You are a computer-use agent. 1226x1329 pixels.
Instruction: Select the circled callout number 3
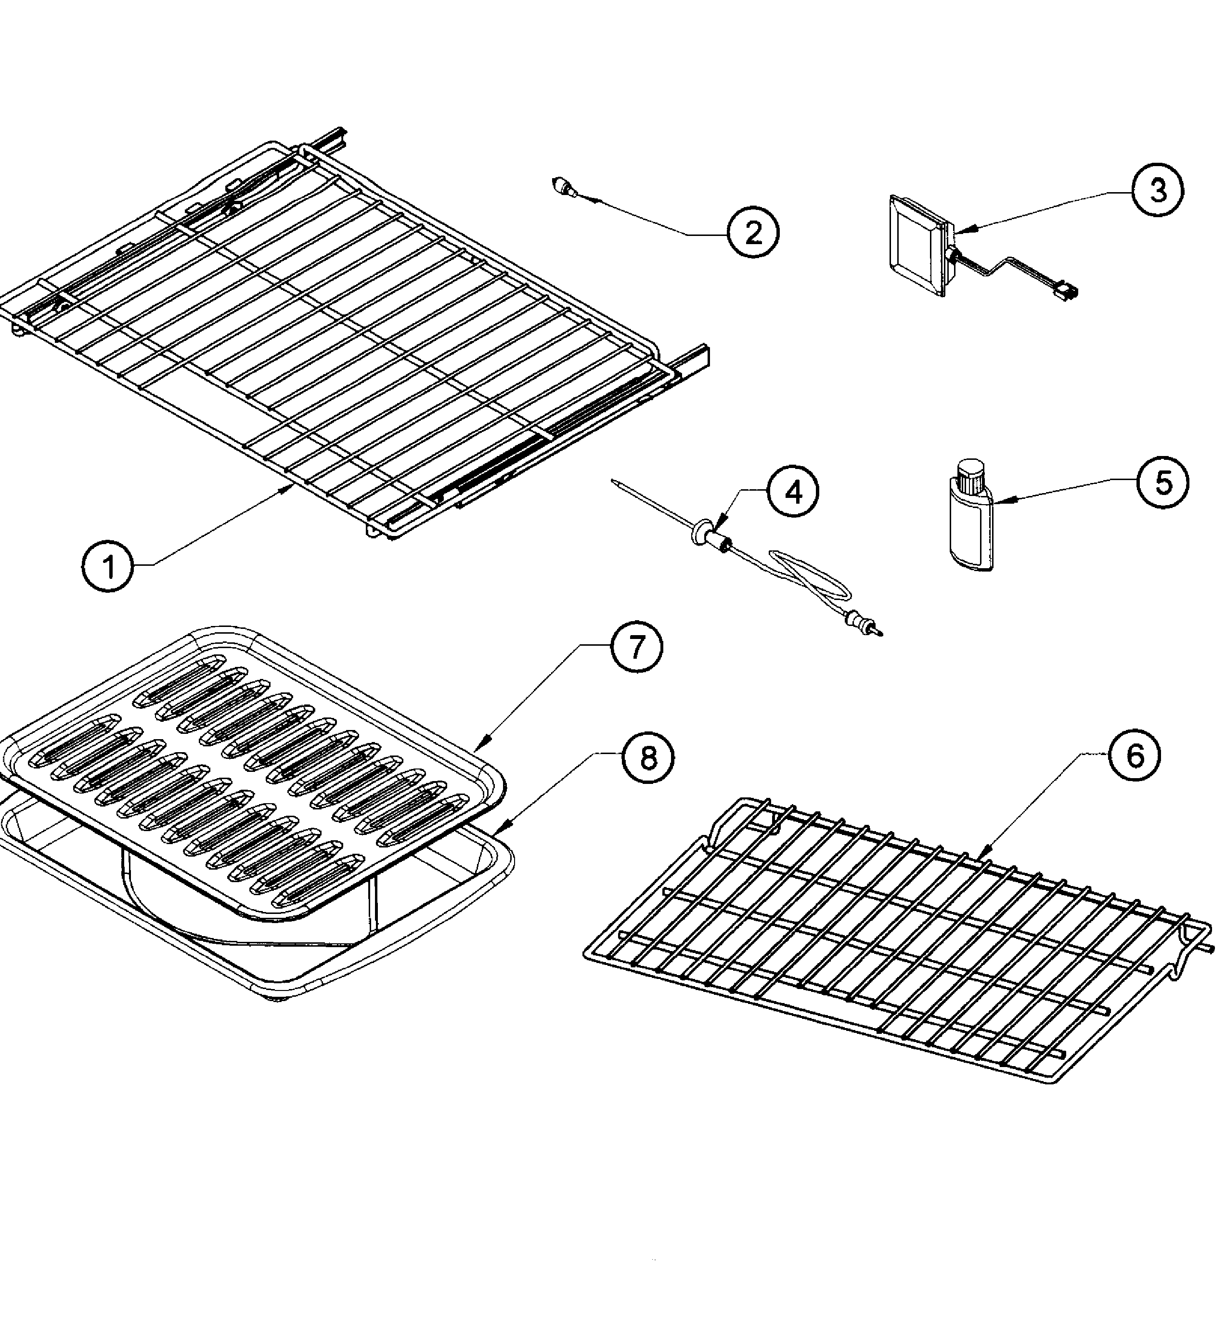[x=1157, y=191]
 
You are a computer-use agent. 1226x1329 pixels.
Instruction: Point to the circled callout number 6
[x=1135, y=755]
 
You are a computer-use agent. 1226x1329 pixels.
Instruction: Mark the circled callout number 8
[x=647, y=757]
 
